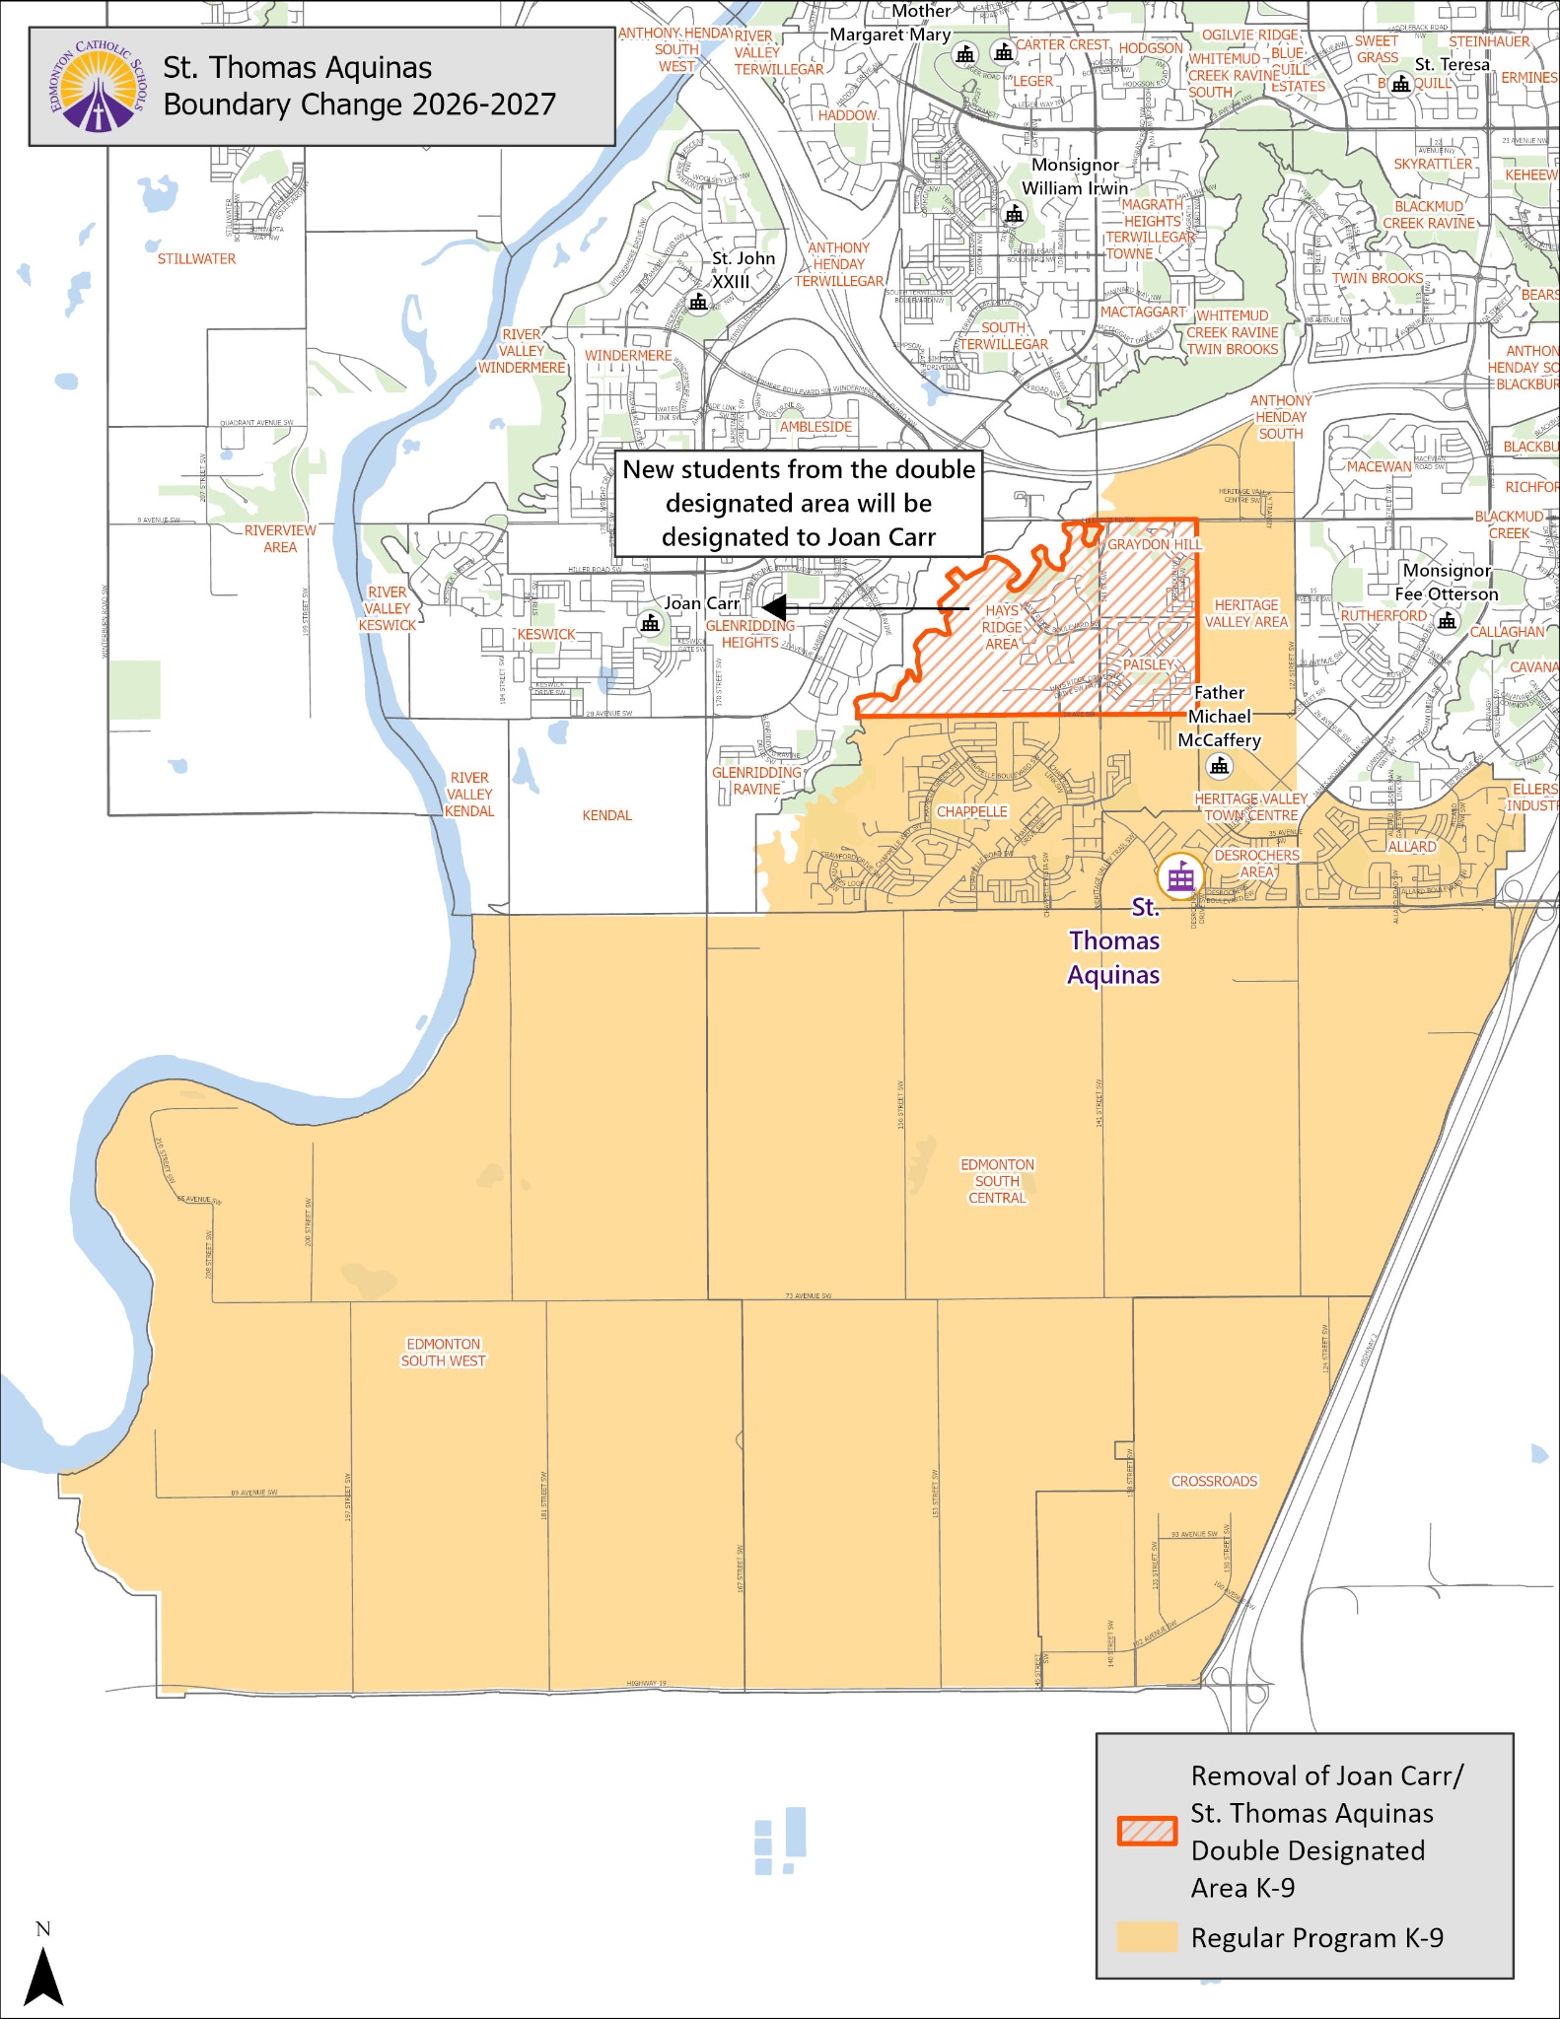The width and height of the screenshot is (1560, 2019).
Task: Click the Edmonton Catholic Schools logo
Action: pyautogui.click(x=97, y=87)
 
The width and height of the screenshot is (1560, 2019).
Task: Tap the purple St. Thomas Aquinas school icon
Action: pyautogui.click(x=1180, y=875)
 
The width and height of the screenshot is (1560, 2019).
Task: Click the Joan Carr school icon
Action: pyautogui.click(x=650, y=623)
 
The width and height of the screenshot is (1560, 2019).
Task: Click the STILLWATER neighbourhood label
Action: pyautogui.click(x=196, y=259)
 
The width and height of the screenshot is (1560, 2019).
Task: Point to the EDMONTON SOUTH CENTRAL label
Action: pyautogui.click(x=997, y=1181)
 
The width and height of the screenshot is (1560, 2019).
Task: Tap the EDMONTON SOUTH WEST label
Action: pyautogui.click(x=443, y=1353)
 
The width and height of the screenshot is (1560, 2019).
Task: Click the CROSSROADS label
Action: pyautogui.click(x=1214, y=1482)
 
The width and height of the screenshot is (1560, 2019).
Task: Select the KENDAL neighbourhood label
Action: pyautogui.click(x=606, y=815)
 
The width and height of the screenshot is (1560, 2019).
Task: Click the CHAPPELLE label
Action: pyautogui.click(x=972, y=812)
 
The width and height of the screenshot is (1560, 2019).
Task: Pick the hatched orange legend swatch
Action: pyautogui.click(x=1147, y=1831)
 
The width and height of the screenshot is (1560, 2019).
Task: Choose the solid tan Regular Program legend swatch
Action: pyautogui.click(x=1147, y=1937)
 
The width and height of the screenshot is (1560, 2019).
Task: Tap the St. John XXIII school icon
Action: pyautogui.click(x=698, y=302)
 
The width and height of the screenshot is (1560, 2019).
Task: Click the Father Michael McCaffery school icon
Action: pyautogui.click(x=1220, y=766)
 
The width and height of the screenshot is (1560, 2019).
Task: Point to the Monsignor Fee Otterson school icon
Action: pyautogui.click(x=1447, y=620)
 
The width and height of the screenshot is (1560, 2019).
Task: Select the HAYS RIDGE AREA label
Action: pyautogui.click(x=1001, y=627)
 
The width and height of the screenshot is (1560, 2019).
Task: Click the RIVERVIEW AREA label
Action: pyautogui.click(x=280, y=538)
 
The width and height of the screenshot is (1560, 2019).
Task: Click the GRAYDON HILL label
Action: pyautogui.click(x=1154, y=544)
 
